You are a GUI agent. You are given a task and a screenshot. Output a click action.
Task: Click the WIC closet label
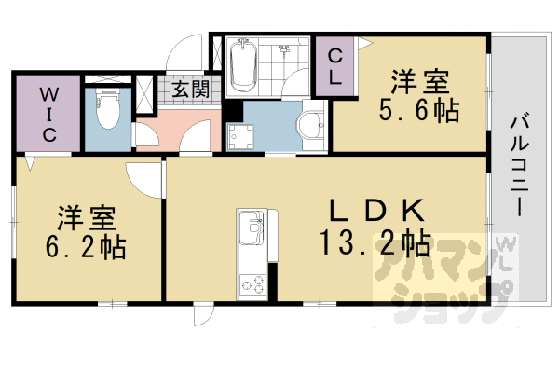(x=48, y=114)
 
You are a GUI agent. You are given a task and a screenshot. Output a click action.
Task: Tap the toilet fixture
(x=107, y=111)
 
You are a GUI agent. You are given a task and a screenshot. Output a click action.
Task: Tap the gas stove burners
(x=252, y=282)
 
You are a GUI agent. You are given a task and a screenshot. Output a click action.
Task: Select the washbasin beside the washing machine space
(x=310, y=124)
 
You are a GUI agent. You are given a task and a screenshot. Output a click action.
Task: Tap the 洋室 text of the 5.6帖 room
(x=418, y=81)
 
